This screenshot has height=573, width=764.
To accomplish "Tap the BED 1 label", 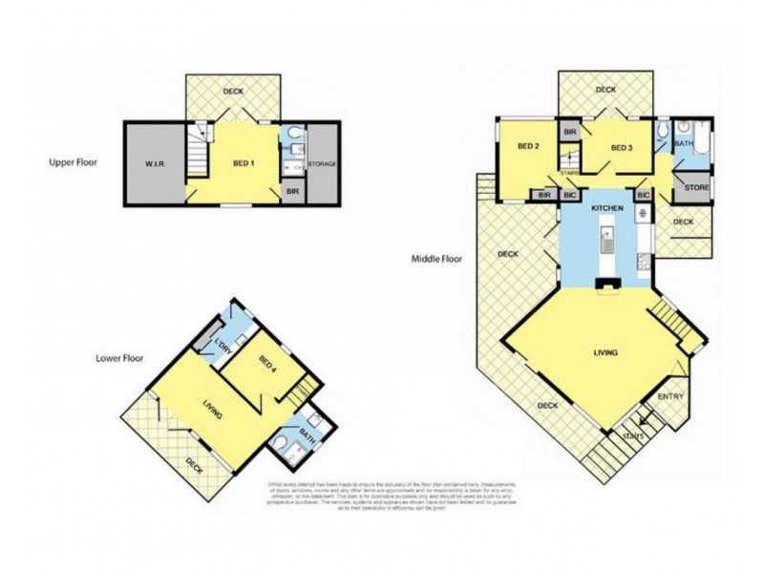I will click(244, 163).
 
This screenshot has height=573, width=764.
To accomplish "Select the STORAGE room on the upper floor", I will click(322, 165).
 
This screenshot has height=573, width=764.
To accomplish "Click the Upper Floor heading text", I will click(74, 162).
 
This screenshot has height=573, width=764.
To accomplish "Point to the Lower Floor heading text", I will click(119, 359).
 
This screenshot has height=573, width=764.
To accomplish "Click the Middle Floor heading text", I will click(436, 258).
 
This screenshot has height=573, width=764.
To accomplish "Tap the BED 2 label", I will click(530, 147).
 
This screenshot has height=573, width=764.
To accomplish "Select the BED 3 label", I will click(622, 147).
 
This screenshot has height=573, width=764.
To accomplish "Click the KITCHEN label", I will click(607, 207).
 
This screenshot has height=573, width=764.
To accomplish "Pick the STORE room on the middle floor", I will click(696, 187).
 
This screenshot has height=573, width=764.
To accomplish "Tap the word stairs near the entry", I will click(632, 435).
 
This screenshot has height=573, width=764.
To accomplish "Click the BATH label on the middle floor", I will click(685, 144).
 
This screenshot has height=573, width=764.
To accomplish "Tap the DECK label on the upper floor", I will click(233, 92).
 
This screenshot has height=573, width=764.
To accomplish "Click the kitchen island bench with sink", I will click(606, 244).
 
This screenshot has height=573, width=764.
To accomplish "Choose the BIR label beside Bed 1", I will click(293, 191).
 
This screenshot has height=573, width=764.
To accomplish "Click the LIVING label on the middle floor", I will click(605, 352).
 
